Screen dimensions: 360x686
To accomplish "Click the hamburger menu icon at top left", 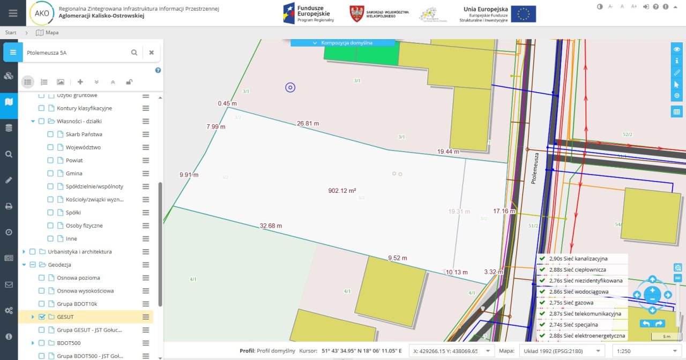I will coord(13,13).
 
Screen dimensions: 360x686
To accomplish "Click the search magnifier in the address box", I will coord(135,52).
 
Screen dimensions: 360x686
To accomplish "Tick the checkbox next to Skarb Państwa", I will coord(50,134).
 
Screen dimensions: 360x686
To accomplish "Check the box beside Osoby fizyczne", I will coord(50,226).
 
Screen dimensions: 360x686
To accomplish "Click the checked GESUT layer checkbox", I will coord(42,317).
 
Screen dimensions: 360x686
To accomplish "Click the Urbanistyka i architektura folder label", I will coord(79,252).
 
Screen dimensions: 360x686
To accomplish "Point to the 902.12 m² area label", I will coord(342,190).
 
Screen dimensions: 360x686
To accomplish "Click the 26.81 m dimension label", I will coord(308,123).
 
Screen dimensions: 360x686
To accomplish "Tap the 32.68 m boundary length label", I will coord(271,226).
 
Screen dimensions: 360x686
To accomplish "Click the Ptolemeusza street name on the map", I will coord(534,168).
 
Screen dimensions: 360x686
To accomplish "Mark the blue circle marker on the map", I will coord(290,87).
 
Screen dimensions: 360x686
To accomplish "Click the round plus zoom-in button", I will coord(652,290).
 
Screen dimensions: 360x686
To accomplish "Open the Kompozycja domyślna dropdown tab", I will coord(342,42).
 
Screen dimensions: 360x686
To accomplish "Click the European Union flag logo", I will coord(523,14).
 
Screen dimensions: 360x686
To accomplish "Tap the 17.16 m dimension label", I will coord(504,211).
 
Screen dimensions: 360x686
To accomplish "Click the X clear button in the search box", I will coord(152,52).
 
